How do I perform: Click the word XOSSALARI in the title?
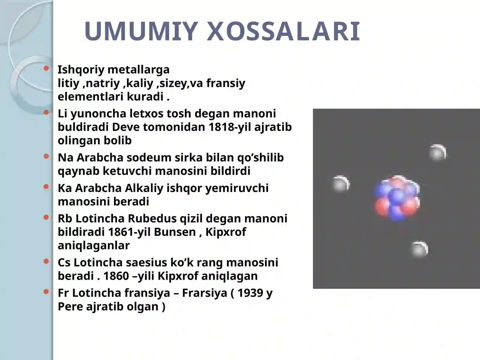point(283,31)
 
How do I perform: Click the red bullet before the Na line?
point(46,156)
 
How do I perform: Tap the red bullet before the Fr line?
point(46,291)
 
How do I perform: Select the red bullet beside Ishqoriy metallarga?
point(46,68)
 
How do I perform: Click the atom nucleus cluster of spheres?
point(397,197)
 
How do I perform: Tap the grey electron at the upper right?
point(437,153)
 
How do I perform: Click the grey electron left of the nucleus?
point(341,184)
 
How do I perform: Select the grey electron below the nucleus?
point(419,249)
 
